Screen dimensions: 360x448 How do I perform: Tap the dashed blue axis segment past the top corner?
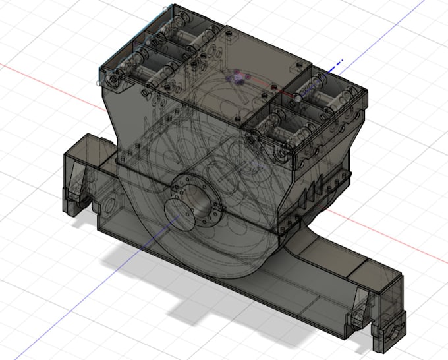tap(337, 65)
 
